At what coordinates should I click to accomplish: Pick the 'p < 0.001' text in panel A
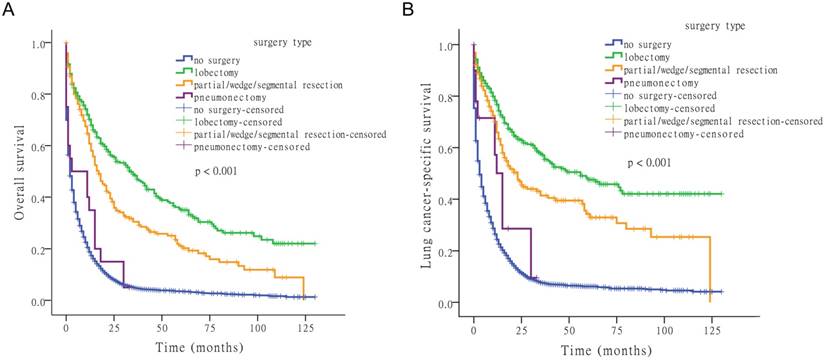pyautogui.click(x=218, y=172)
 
